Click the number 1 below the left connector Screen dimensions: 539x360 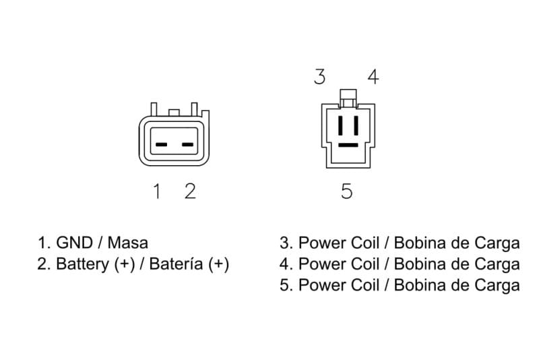(x=157, y=191)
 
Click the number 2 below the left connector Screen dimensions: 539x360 (x=190, y=191)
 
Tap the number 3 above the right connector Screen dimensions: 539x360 (x=319, y=77)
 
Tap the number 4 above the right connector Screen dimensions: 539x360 (x=373, y=77)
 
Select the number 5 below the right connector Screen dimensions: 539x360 (x=347, y=191)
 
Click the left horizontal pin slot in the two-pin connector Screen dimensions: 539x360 (x=161, y=144)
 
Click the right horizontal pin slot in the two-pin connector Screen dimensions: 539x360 (x=188, y=144)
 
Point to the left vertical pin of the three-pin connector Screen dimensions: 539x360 (x=341, y=125)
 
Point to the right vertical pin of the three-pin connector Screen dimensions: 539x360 (x=356, y=125)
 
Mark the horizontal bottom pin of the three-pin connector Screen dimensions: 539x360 (x=348, y=145)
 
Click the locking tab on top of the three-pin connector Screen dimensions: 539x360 (x=348, y=98)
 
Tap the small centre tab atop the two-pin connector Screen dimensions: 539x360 (x=174, y=113)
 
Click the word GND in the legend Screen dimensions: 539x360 (x=74, y=243)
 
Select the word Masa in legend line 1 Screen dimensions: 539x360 (x=128, y=243)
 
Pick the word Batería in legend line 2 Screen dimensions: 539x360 (x=177, y=264)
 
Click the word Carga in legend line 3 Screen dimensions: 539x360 (x=497, y=243)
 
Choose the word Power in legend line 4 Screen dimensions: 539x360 (x=322, y=264)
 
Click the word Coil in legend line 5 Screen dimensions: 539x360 (x=364, y=285)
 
